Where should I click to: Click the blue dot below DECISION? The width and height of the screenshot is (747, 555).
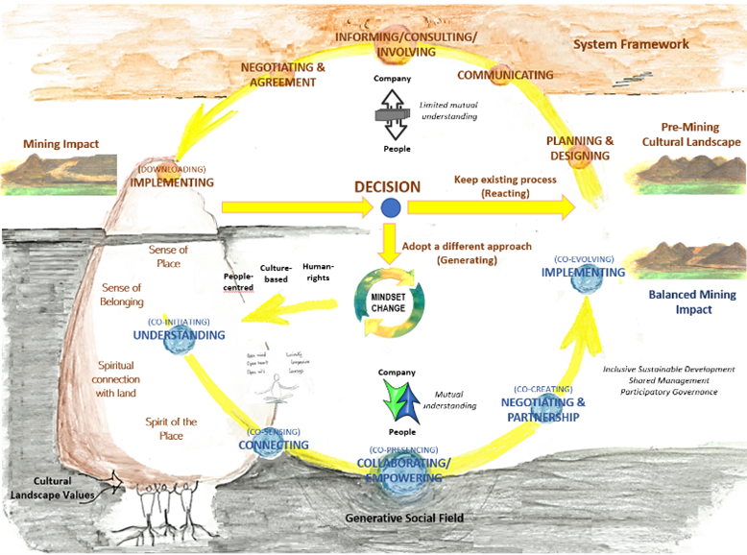pyautogui.click(x=390, y=207)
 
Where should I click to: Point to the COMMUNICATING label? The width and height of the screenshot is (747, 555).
pyautogui.click(x=505, y=75)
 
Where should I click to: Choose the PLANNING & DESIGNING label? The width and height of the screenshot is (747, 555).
pyautogui.click(x=581, y=148)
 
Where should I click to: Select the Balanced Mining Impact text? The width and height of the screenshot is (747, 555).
pyautogui.click(x=687, y=302)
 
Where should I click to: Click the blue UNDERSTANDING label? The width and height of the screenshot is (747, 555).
pyautogui.click(x=180, y=335)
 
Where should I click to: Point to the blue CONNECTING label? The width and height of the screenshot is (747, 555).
pyautogui.click(x=274, y=445)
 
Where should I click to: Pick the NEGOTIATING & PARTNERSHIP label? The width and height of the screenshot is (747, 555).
pyautogui.click(x=542, y=410)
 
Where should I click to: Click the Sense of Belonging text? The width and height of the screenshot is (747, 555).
pyautogui.click(x=121, y=294)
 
